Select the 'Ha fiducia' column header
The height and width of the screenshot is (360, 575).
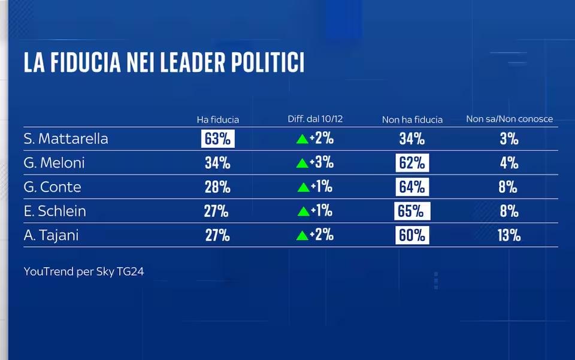[217, 119]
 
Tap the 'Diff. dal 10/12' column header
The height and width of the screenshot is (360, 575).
[315, 119]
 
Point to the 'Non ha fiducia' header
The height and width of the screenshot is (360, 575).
[412, 120]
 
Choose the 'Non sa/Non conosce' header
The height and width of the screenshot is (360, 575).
[509, 119]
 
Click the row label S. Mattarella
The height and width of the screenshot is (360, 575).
[66, 139]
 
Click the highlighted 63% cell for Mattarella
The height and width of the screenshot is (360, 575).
[217, 139]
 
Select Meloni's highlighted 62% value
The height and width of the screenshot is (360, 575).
[412, 163]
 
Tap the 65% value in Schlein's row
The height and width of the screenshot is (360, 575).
[412, 211]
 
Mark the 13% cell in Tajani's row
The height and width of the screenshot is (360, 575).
[509, 235]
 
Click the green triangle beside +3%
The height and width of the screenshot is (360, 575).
[302, 164]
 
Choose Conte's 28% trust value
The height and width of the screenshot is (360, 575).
[217, 187]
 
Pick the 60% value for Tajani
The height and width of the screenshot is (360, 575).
[412, 235]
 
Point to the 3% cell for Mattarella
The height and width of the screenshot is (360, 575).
[509, 139]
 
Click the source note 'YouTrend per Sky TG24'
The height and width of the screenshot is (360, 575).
[84, 271]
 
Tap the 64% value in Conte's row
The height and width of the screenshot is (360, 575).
[412, 187]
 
